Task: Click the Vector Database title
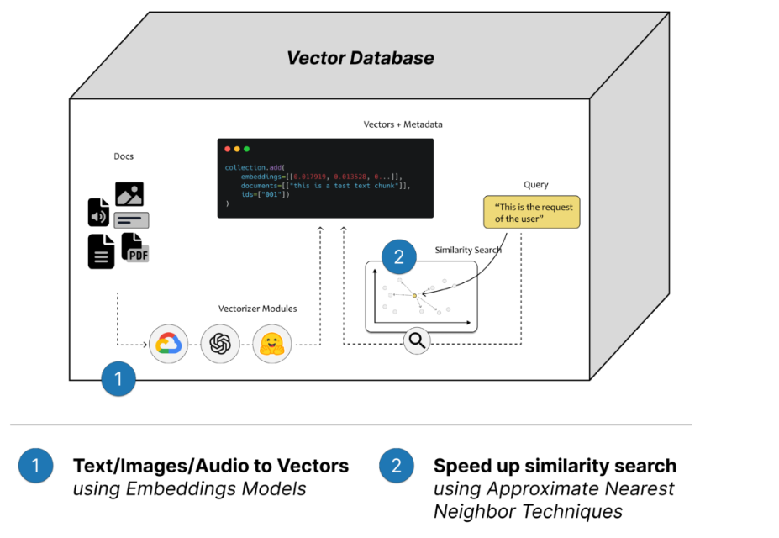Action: click(361, 58)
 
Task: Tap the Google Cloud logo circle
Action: click(168, 344)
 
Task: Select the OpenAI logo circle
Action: click(220, 344)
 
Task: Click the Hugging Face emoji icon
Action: click(271, 344)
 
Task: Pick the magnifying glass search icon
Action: click(417, 340)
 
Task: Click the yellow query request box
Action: click(531, 213)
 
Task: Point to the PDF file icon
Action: click(135, 247)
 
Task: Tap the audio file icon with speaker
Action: click(98, 213)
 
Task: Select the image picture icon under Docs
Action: click(129, 194)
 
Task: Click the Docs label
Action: click(124, 156)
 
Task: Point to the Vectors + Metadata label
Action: click(403, 124)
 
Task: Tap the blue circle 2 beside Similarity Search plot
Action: click(399, 258)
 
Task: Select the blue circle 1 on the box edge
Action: click(118, 378)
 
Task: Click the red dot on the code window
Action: click(227, 149)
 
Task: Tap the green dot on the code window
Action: click(247, 149)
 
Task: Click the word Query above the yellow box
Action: click(535, 185)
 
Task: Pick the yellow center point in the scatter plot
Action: click(414, 296)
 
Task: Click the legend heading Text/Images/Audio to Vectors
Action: click(210, 466)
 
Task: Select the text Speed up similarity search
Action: click(555, 466)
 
